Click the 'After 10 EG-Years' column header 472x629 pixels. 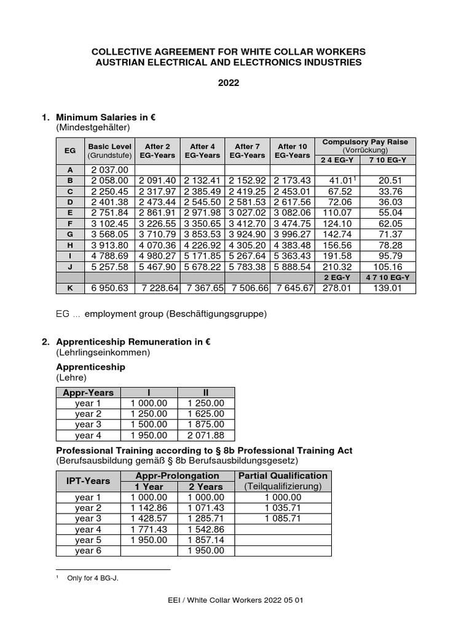[292, 150]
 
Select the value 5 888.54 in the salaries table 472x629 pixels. [292, 267]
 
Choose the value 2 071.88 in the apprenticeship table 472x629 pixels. [206, 436]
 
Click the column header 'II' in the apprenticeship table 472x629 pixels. [206, 393]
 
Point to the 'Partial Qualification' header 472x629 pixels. [283, 476]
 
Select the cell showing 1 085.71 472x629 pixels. [283, 518]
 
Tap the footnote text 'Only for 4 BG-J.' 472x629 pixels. [92, 578]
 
